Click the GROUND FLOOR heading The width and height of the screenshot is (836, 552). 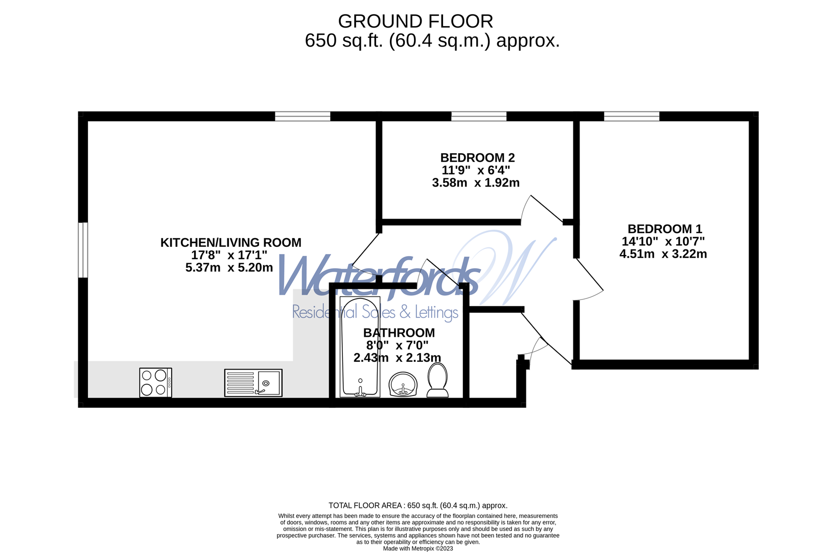pyautogui.click(x=415, y=21)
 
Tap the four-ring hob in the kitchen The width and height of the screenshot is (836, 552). pyautogui.click(x=156, y=382)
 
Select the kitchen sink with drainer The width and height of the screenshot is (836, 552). pyautogui.click(x=253, y=382)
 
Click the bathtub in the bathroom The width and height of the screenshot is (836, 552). pyautogui.click(x=360, y=347)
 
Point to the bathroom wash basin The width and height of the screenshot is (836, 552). pyautogui.click(x=403, y=384)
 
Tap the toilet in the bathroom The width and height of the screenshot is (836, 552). pyautogui.click(x=437, y=380)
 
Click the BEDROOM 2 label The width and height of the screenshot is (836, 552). pyautogui.click(x=477, y=157)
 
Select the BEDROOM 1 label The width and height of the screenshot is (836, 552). pyautogui.click(x=665, y=228)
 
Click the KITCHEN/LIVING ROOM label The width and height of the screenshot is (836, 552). pyautogui.click(x=230, y=242)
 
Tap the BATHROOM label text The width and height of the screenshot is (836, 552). pyautogui.click(x=399, y=332)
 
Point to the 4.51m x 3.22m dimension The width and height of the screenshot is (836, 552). pyautogui.click(x=663, y=254)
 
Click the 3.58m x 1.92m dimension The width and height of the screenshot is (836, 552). pyautogui.click(x=476, y=182)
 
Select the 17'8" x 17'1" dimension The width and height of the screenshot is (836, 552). pyautogui.click(x=229, y=255)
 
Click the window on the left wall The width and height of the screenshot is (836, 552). pyautogui.click(x=83, y=250)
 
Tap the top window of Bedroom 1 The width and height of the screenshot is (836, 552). pyautogui.click(x=632, y=116)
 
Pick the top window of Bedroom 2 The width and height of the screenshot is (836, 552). pyautogui.click(x=479, y=116)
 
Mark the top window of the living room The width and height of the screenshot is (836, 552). pyautogui.click(x=303, y=116)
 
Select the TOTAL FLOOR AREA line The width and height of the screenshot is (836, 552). pyautogui.click(x=418, y=505)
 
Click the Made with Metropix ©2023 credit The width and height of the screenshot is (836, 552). pyautogui.click(x=418, y=548)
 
